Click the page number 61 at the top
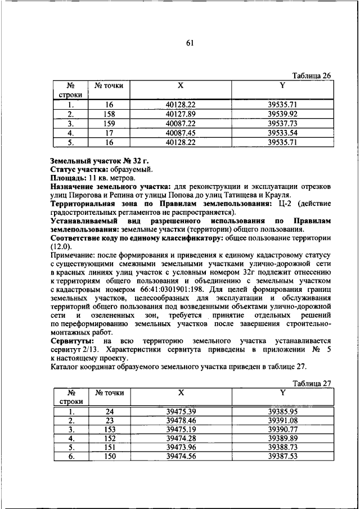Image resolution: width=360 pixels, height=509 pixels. [x=190, y=46]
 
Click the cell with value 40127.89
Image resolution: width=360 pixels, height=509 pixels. [x=181, y=113]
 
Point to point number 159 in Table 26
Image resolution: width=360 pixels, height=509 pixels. [x=110, y=123]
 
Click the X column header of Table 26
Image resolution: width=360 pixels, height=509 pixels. [x=181, y=85]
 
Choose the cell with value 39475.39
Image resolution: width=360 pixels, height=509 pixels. [x=181, y=411]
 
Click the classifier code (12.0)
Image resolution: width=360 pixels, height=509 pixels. [x=61, y=246]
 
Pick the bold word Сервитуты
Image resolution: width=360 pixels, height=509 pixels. [x=70, y=341]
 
